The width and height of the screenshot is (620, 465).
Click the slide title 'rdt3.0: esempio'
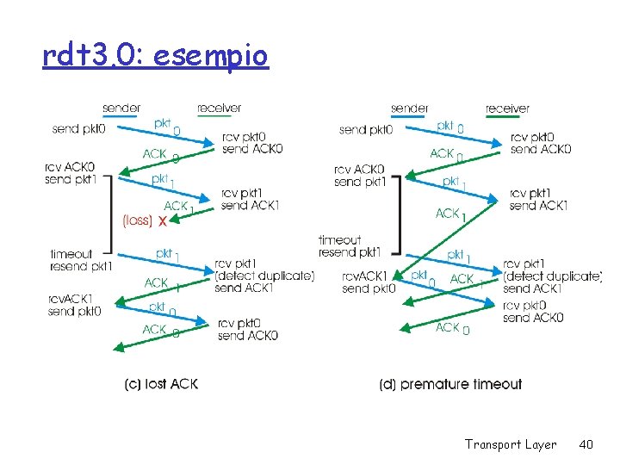(155, 56)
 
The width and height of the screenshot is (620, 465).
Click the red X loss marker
(162, 220)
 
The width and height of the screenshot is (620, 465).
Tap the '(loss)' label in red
(138, 220)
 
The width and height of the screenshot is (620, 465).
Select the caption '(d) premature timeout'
(450, 384)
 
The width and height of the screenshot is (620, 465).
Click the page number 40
(586, 444)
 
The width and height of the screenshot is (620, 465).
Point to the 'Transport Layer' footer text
(511, 444)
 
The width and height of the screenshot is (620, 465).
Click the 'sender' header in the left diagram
(121, 108)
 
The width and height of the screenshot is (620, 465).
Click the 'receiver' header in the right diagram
(507, 108)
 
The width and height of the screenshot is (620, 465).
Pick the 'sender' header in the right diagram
(409, 108)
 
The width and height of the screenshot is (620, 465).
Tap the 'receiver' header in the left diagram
(219, 108)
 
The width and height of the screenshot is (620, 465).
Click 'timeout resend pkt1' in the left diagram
(81, 260)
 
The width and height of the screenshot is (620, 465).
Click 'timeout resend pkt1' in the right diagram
(349, 246)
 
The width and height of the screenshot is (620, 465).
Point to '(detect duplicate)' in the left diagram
(264, 276)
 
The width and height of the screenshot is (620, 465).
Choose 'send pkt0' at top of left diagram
(78, 129)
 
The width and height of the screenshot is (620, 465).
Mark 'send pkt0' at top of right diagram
(366, 130)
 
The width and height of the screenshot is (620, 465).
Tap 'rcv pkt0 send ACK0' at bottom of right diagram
(533, 312)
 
